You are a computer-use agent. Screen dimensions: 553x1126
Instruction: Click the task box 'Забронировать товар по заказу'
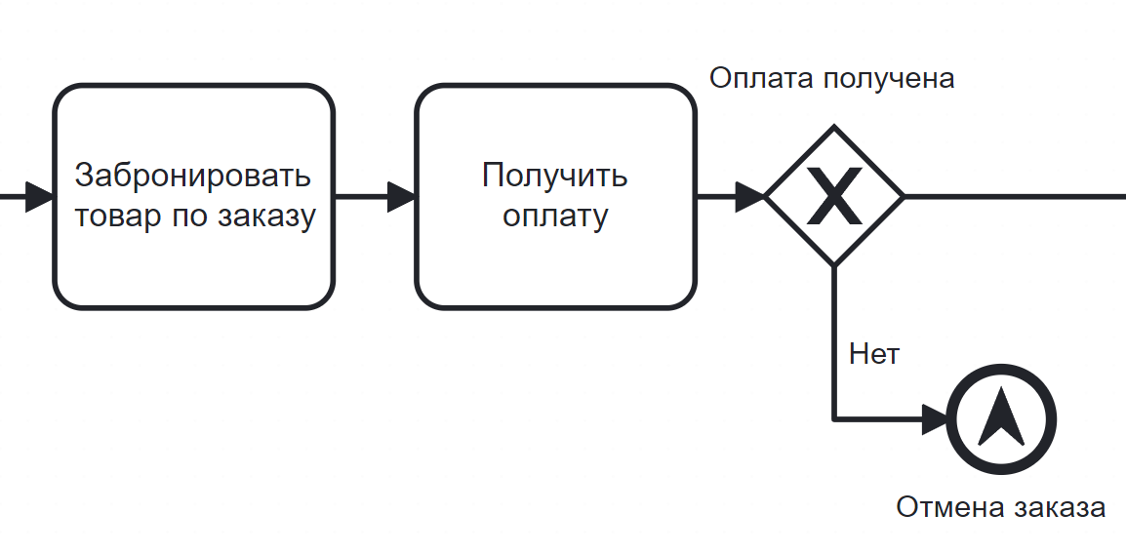pos(193,196)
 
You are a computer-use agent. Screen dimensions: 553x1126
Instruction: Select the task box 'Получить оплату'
pos(555,196)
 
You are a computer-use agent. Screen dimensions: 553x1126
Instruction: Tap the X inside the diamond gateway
pos(833,196)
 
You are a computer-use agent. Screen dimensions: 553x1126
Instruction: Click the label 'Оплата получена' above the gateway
pos(831,78)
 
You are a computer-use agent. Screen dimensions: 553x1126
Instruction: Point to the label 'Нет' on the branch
pos(873,353)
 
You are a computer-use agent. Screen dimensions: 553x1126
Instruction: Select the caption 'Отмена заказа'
pos(1000,508)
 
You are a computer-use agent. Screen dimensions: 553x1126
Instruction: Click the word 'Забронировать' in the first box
pos(193,176)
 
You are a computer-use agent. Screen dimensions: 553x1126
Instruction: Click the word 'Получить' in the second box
pos(555,176)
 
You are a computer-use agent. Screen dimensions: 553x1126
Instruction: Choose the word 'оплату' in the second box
pos(555,216)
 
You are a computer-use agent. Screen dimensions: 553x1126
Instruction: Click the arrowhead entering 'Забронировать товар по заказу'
pos(40,196)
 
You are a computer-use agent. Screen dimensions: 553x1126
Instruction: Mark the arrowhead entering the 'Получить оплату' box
pos(402,196)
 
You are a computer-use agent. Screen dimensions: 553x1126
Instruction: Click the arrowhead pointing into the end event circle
pos(935,420)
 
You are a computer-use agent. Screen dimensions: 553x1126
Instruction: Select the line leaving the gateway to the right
pos(1015,196)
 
